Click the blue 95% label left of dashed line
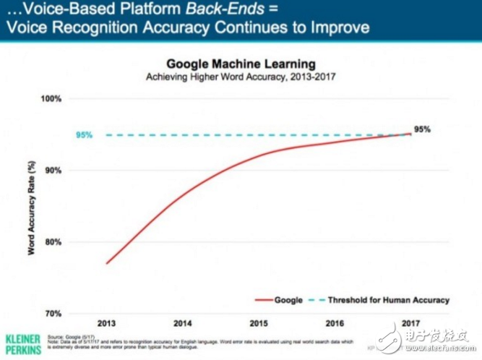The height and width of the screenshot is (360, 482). (84, 135)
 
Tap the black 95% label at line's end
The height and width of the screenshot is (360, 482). (423, 129)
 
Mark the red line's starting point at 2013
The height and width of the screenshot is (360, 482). (107, 263)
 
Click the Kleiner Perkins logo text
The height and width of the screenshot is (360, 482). (22, 343)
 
